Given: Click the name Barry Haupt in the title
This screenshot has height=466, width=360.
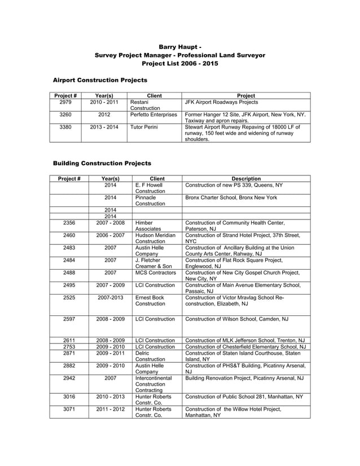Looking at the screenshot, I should coord(177,46).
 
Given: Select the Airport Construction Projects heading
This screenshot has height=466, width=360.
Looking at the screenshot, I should coord(100,81).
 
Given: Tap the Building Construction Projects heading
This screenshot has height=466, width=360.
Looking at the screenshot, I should coord(102,164).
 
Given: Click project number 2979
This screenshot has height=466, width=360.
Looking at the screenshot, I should coord(65,103).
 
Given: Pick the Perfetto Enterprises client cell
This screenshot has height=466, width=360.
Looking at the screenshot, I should coord(153,115).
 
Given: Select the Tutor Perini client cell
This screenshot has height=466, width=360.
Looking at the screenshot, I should coord(144,128).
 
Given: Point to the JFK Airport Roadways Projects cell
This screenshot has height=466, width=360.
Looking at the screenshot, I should coord(221,103).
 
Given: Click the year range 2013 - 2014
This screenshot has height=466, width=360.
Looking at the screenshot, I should coord(104,128).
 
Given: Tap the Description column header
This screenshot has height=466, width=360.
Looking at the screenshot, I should coord(246,179).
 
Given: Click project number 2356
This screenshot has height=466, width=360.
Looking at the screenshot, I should coord(69,223).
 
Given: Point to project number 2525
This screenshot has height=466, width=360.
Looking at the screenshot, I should coord(69,297).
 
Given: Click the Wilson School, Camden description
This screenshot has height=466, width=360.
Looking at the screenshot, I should coord(237,319).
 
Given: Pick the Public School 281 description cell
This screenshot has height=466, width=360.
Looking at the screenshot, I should coord(244,397).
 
